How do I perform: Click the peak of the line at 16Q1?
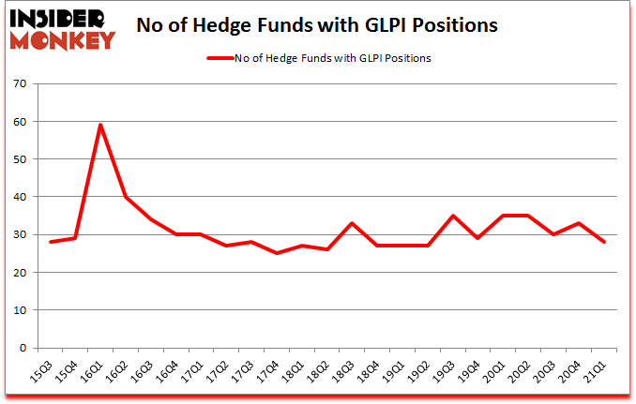point(100,125)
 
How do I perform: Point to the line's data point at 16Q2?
point(126,197)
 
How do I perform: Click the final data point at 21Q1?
point(603,242)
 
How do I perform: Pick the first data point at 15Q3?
point(51,242)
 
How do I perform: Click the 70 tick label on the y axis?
point(19,84)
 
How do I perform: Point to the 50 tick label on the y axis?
point(19,159)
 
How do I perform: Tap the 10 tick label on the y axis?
point(19,310)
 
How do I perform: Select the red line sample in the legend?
point(228,58)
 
